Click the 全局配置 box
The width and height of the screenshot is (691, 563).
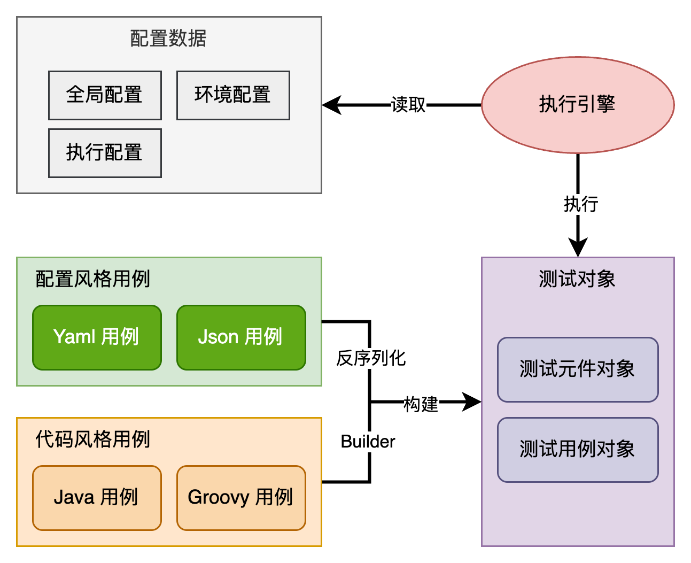coord(105,95)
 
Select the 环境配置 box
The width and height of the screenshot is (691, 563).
coord(233,95)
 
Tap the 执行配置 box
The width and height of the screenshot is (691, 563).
coord(105,153)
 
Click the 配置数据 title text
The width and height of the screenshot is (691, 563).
coord(168,38)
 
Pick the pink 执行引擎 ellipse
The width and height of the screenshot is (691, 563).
coord(577,105)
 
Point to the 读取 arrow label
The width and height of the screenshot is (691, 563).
coord(408,105)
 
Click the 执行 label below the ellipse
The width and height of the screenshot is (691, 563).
coord(581,204)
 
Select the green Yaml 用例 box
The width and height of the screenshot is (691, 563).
coord(97,337)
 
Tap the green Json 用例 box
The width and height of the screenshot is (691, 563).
coord(241,337)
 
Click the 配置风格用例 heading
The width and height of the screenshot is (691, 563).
coord(92,279)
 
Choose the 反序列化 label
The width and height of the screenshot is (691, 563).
coord(371,358)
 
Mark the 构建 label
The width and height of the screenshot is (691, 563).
coord(421,405)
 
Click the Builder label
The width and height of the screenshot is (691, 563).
coord(368,442)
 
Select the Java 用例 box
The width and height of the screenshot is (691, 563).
coord(97,498)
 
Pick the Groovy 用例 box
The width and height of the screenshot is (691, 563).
coord(241,498)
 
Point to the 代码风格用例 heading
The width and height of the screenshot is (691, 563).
coord(92,439)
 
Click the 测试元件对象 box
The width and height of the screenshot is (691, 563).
coord(577,369)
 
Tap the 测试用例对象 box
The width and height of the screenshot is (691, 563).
coord(577,450)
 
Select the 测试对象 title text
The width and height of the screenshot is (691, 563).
coord(577,279)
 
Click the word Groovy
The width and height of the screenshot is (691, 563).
coord(219,498)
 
